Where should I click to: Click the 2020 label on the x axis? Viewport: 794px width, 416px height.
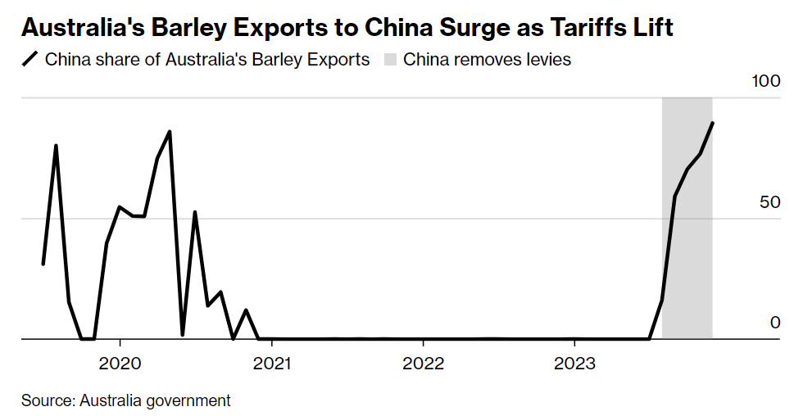pos(120,363)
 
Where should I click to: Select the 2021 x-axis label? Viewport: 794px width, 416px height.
pos(271,363)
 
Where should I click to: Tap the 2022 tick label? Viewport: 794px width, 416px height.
pos(423,363)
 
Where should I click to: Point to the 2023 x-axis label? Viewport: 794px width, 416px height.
pos(574,363)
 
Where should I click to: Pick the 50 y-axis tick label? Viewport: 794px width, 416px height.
pos(770,202)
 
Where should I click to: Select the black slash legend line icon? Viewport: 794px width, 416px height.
pos(30,60)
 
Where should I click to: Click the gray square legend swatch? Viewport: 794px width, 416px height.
pos(390,60)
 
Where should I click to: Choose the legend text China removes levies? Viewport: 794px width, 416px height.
pos(487,60)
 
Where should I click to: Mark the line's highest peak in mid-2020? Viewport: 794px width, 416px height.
pos(170,131)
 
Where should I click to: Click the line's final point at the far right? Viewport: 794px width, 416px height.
pos(713,123)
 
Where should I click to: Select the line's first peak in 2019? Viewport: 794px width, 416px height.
pos(56,146)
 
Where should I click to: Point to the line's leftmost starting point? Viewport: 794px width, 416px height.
pos(43,264)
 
